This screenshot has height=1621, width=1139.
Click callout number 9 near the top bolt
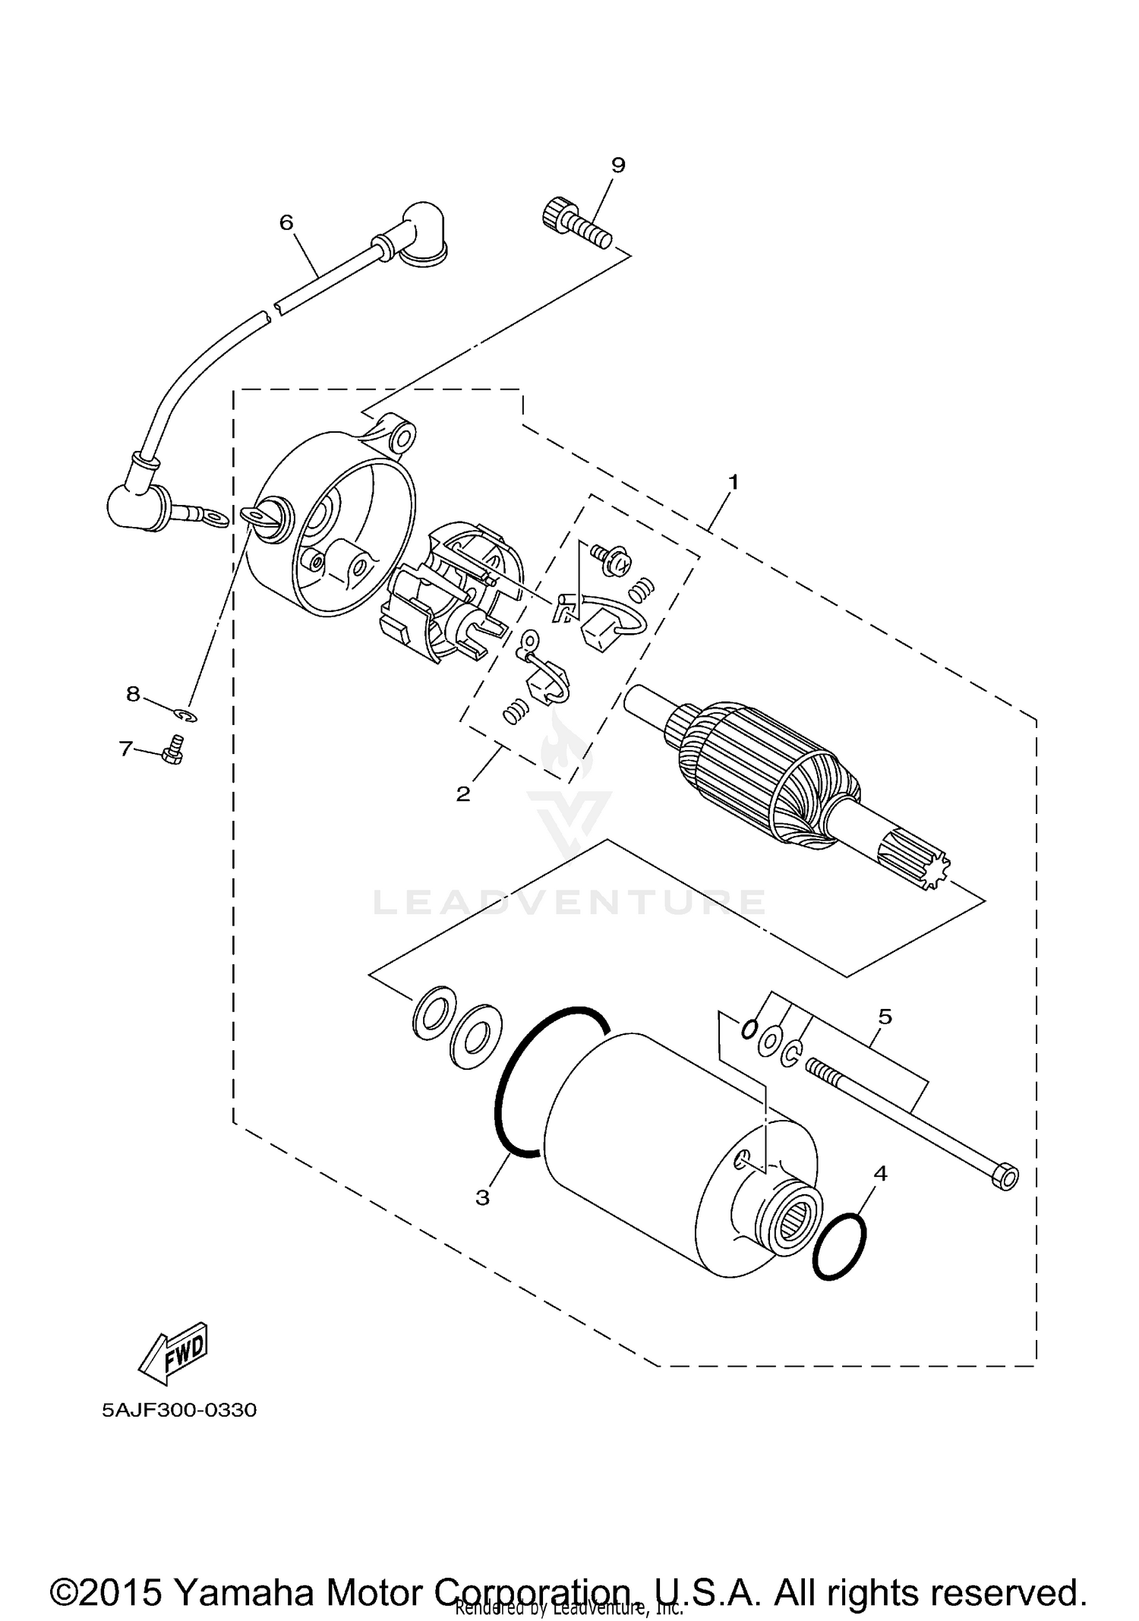(618, 165)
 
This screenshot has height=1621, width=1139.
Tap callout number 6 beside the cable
(286, 222)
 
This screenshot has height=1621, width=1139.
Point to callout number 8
(133, 693)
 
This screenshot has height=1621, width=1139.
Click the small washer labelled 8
(185, 715)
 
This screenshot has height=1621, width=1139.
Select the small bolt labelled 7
(173, 752)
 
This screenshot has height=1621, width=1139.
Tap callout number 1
(734, 481)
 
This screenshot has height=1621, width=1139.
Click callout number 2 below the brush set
(463, 794)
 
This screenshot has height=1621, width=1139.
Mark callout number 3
(483, 1197)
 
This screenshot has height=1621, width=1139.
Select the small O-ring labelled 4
(839, 1246)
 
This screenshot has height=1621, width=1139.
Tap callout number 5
(885, 1016)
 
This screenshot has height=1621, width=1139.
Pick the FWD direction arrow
(172, 1354)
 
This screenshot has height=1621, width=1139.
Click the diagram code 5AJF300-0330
(180, 1411)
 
